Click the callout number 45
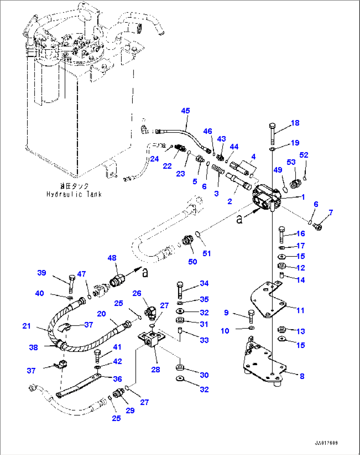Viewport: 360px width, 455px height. pyautogui.click(x=185, y=111)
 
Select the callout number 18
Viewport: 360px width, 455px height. pyautogui.click(x=295, y=123)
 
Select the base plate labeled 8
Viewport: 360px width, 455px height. pyautogui.click(x=264, y=363)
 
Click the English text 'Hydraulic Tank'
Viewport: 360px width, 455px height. pyautogui.click(x=74, y=194)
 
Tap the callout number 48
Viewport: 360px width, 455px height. pyautogui.click(x=112, y=258)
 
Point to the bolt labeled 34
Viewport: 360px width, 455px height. pyautogui.click(x=180, y=290)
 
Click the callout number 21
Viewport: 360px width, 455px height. pyautogui.click(x=26, y=326)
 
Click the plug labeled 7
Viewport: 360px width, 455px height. pyautogui.click(x=317, y=226)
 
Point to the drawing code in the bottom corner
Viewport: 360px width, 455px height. pyautogui.click(x=326, y=443)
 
